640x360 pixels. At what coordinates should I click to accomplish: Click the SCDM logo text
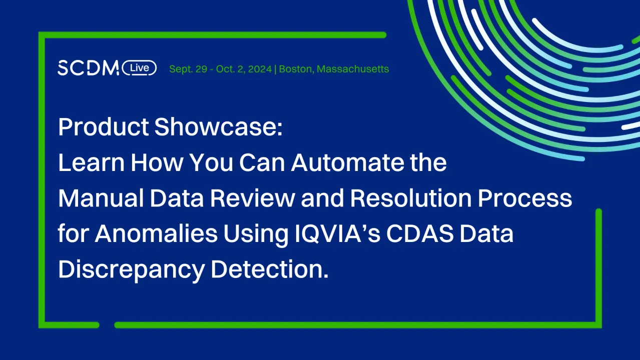88,68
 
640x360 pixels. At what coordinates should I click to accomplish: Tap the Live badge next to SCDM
139,68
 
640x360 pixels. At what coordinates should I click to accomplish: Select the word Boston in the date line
296,69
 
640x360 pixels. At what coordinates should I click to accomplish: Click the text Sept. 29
188,69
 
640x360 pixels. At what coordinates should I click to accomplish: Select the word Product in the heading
103,127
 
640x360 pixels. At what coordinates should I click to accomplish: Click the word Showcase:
219,127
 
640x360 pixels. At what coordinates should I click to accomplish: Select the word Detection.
269,270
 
